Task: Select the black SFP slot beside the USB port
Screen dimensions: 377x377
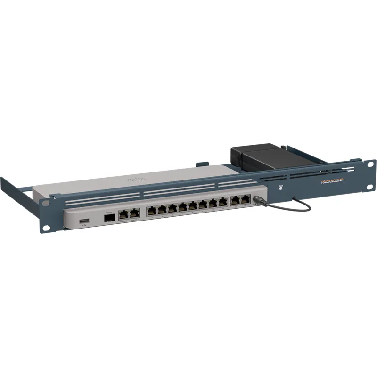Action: (107, 218)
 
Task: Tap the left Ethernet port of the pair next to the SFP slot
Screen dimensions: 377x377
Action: (123, 215)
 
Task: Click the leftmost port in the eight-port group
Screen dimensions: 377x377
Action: (151, 211)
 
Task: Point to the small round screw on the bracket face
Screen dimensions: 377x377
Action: (280, 187)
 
